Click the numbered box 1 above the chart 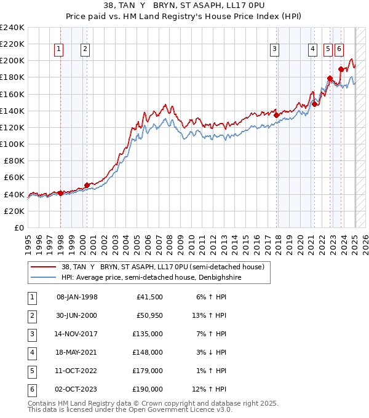59,49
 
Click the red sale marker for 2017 277,115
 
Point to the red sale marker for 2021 314,104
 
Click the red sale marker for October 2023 341,69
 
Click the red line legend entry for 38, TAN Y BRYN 163,267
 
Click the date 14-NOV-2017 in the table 77,334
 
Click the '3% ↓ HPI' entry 208,353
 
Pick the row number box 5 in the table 31,371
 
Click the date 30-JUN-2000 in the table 77,316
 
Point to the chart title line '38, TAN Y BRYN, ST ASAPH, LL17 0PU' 184,7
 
